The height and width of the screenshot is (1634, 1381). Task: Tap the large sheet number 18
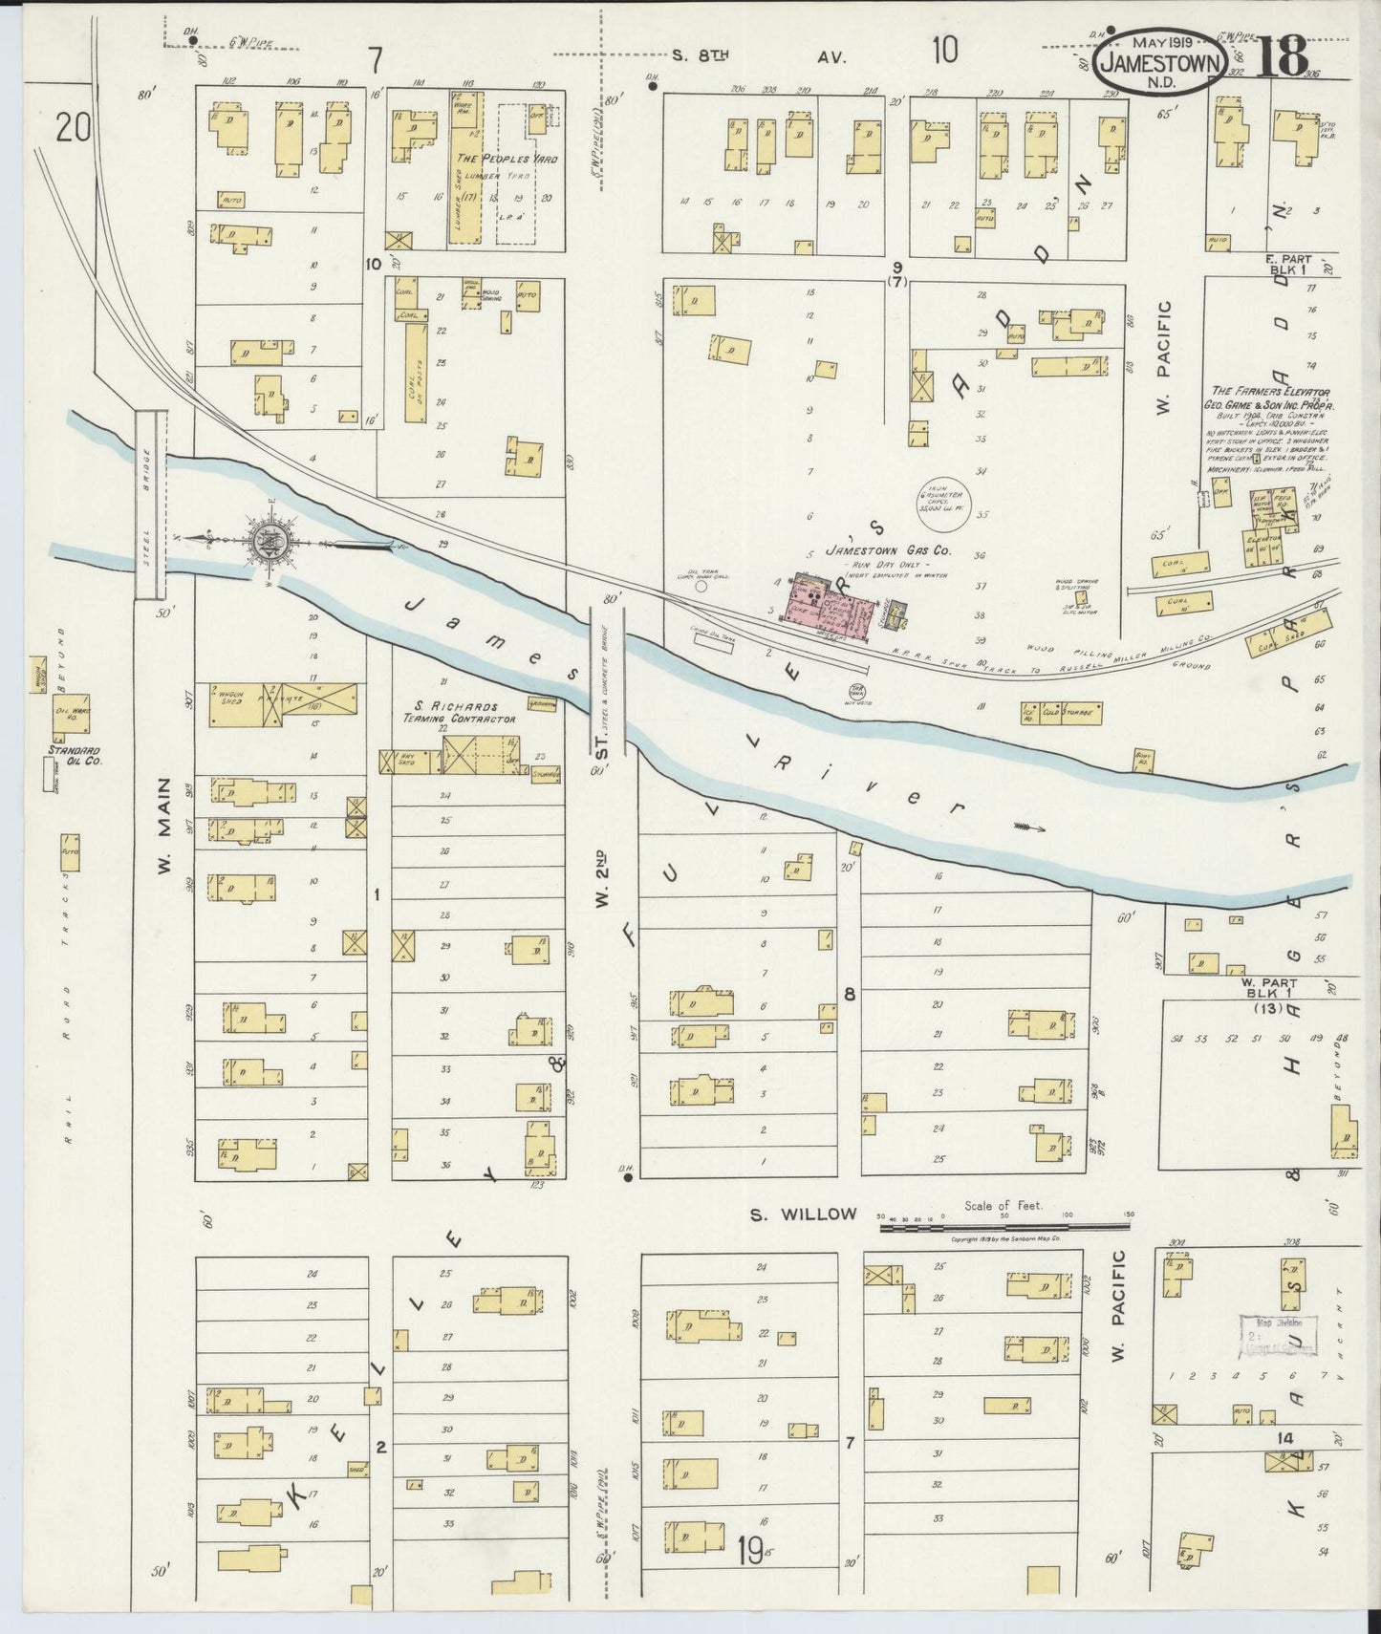coord(1278,58)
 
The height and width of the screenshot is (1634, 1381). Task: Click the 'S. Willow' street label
coord(802,1215)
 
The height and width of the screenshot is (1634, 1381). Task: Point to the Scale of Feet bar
coord(1003,1222)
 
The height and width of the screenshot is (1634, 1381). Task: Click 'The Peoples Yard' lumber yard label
coord(506,159)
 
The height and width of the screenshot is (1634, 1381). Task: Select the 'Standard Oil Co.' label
coord(75,756)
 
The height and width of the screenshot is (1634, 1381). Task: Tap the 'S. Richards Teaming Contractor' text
coord(460,712)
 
